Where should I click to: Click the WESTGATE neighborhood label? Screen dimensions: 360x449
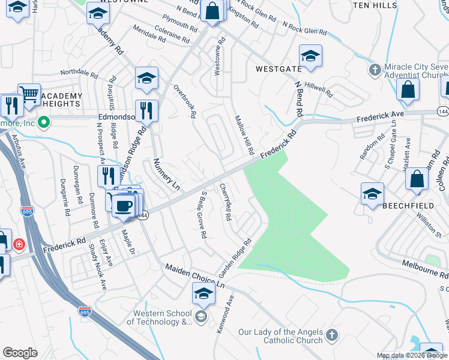click(278, 69)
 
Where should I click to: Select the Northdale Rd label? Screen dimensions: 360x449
click(79, 73)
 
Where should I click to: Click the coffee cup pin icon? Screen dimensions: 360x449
click(124, 204)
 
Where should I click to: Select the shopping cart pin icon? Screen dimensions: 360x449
click(29, 94)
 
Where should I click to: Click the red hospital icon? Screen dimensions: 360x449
click(19, 245)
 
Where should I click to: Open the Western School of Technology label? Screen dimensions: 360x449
click(161, 317)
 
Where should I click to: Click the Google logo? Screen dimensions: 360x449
click(20, 353)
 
